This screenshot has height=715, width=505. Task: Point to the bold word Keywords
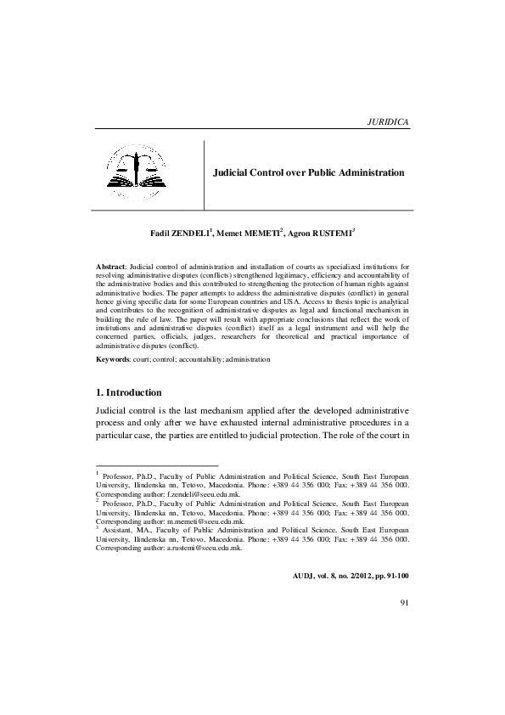pyautogui.click(x=111, y=360)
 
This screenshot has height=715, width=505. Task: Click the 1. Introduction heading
pyautogui.click(x=137, y=392)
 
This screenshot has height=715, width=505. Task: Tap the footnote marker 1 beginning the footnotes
pyautogui.click(x=98, y=473)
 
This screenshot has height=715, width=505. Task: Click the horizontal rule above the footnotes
pyautogui.click(x=157, y=465)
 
